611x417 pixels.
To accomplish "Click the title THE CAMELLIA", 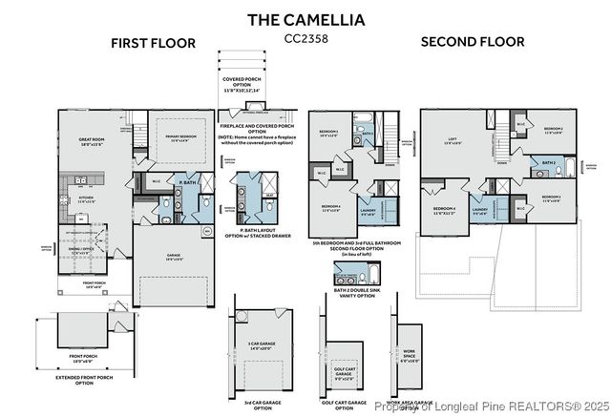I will coord(305,19).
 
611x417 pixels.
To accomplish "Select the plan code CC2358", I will coord(305,39).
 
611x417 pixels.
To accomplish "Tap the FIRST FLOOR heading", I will coord(153,43).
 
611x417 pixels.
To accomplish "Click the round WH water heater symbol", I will coord(207,231).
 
